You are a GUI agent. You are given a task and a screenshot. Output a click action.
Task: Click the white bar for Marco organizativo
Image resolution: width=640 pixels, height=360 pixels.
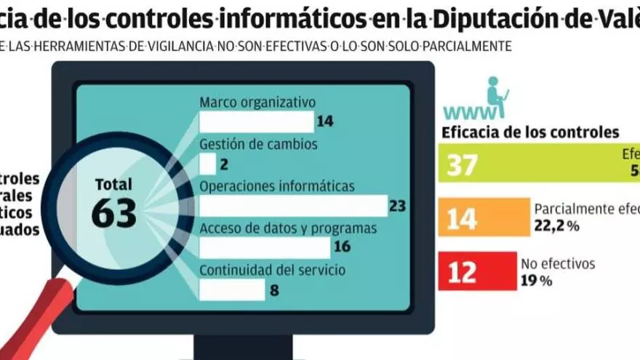coord(255,121)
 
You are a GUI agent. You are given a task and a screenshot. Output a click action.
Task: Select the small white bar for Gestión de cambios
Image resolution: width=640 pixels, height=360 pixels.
coord(207,164)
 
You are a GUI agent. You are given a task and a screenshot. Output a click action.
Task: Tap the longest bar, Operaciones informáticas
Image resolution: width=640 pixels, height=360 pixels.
coord(292,206)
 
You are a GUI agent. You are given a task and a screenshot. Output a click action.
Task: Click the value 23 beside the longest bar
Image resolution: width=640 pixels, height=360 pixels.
coord(397,206)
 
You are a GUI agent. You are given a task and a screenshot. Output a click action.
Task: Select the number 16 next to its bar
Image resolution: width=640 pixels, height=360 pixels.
coord(342,247)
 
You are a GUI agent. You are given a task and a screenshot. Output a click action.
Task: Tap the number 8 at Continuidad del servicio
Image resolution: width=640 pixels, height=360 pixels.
coord(275,290)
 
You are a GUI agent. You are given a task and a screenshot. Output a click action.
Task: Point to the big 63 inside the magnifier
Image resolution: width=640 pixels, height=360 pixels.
coord(114,212)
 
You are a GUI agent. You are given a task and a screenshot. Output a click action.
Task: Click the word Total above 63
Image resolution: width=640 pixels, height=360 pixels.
coord(113,184)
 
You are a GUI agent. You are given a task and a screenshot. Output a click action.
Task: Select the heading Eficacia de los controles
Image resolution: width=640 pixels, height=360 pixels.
coord(530,132)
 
